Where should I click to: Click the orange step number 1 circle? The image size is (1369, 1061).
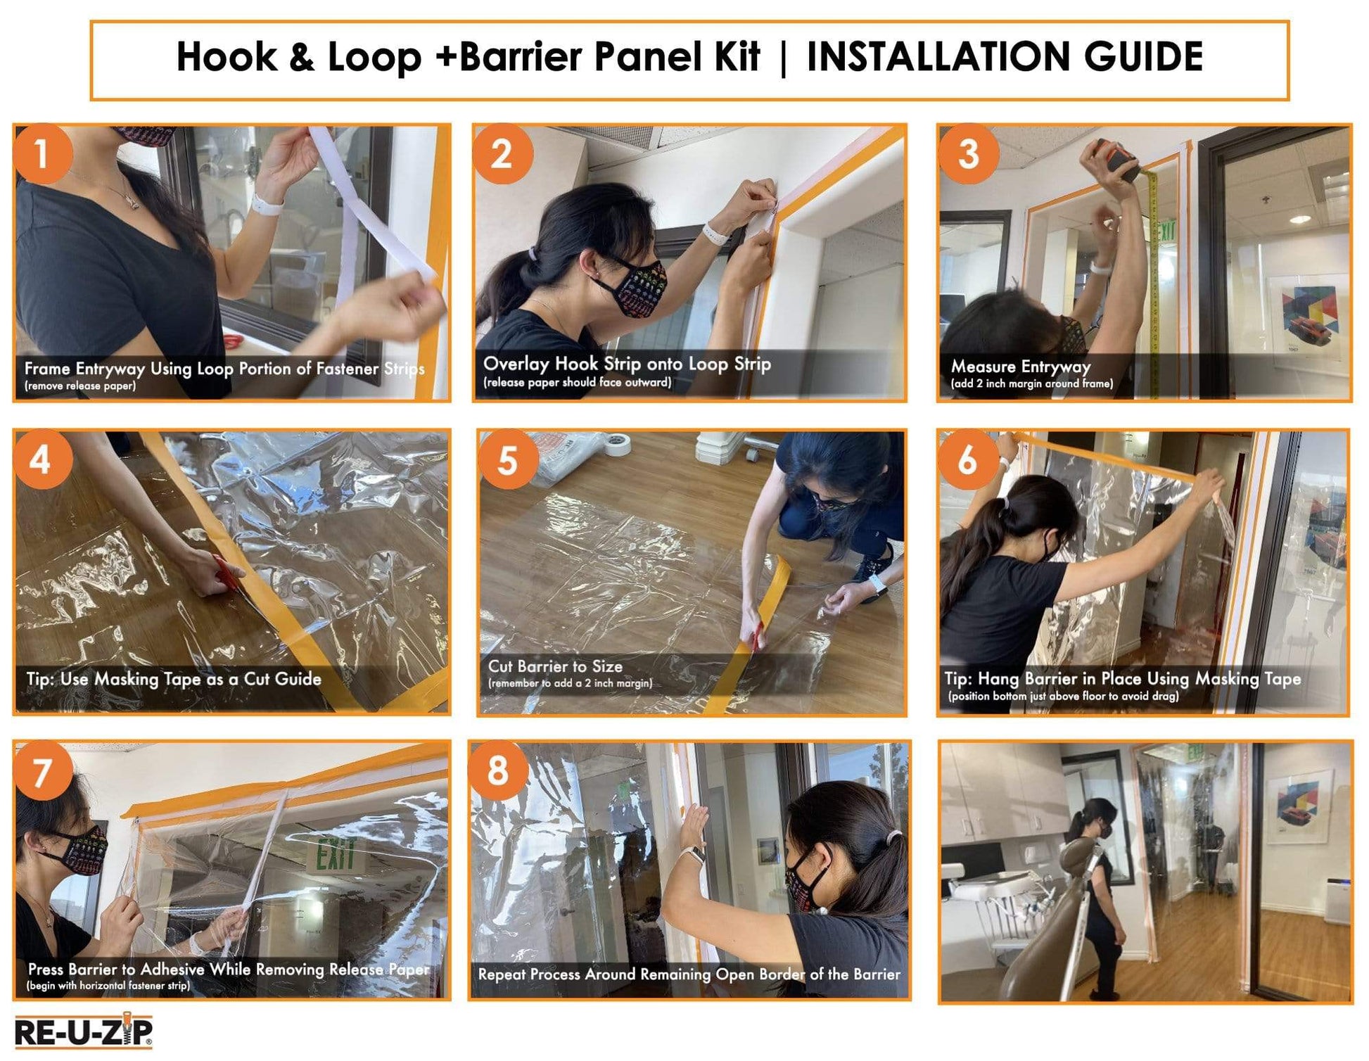click(42, 154)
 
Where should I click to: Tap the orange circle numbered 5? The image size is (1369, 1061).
click(507, 461)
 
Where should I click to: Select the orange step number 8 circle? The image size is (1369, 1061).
click(497, 770)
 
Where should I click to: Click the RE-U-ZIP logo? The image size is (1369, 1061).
click(83, 1032)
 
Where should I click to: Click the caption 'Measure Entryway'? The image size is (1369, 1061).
click(1020, 367)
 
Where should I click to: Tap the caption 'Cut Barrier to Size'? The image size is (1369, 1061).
click(555, 666)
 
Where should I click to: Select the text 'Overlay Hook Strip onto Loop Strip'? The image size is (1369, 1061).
click(627, 364)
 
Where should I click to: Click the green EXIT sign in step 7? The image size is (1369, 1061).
click(336, 854)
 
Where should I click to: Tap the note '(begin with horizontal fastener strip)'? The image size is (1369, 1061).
click(108, 986)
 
